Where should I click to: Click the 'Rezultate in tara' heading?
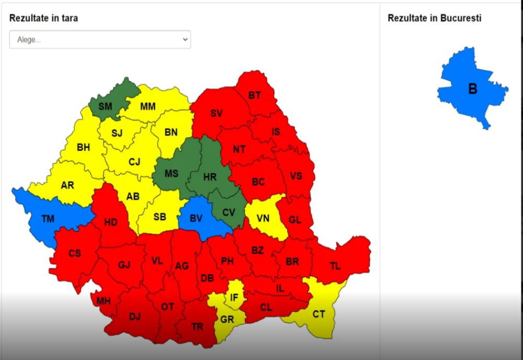43,18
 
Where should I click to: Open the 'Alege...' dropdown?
100,40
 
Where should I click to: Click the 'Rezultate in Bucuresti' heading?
434,18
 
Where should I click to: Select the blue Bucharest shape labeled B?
472,89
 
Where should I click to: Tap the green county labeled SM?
106,106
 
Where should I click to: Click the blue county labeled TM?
48,219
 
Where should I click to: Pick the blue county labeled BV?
196,219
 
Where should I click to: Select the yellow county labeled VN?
263,218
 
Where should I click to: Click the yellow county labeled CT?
319,314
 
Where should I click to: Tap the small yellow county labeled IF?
234,298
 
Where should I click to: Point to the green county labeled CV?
229,212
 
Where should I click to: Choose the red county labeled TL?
335,266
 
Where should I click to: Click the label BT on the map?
255,95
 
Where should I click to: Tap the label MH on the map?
103,301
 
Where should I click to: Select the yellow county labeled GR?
227,320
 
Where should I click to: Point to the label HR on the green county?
210,177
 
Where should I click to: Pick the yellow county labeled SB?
160,217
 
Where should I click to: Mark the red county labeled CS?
75,254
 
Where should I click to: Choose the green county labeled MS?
172,173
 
